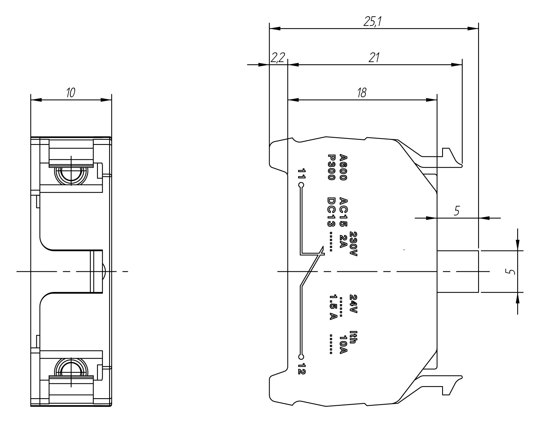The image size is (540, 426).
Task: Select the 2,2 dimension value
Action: (278, 58)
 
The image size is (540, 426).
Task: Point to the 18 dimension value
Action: (362, 92)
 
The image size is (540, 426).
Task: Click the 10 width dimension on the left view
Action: (71, 92)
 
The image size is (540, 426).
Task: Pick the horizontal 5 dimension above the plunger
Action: (457, 211)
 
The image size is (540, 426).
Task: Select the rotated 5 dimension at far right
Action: (512, 272)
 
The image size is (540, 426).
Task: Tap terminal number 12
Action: (301, 369)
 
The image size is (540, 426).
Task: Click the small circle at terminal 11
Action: (301, 185)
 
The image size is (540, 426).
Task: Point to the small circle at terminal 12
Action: (301, 357)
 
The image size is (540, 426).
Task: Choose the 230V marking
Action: (353, 244)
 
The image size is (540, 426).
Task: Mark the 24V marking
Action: (353, 304)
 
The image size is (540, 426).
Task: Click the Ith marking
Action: (353, 338)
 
